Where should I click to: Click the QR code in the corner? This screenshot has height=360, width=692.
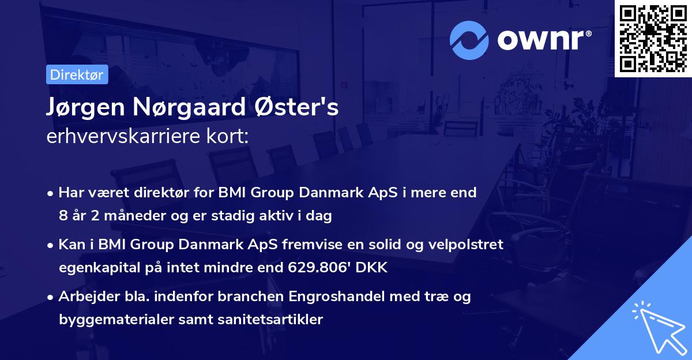[x=653, y=38]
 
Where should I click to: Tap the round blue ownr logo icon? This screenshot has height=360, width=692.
[x=469, y=40]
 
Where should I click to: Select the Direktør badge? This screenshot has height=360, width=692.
[x=77, y=74]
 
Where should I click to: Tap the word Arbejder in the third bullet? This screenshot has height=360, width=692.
[x=84, y=297]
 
